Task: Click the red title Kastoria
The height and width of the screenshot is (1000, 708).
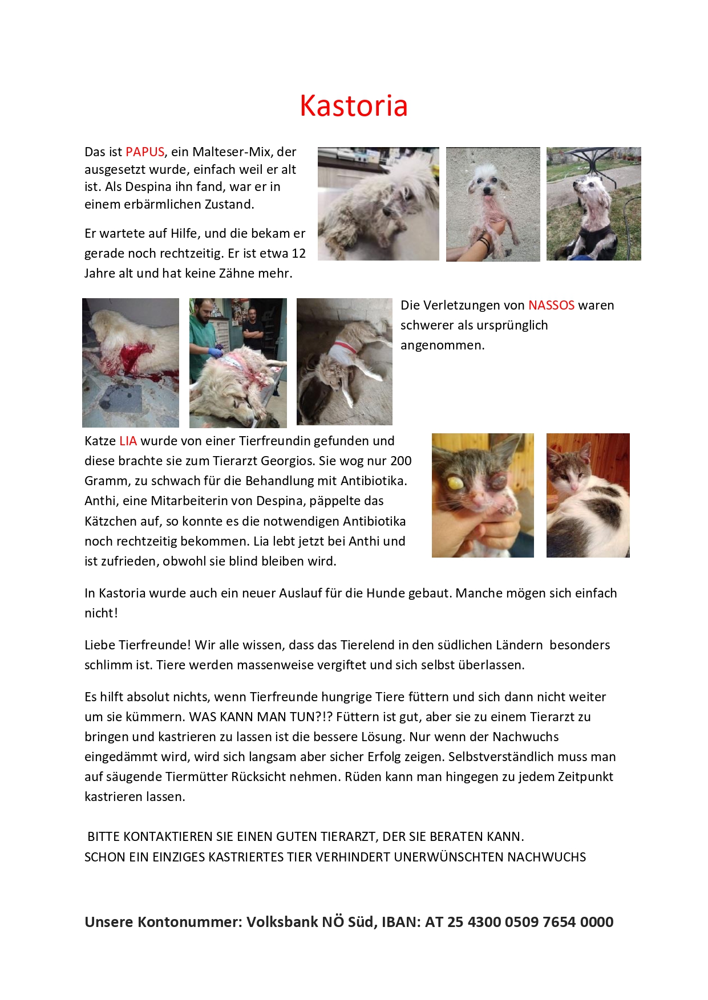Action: point(354,105)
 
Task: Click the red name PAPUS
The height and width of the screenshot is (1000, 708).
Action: point(145,152)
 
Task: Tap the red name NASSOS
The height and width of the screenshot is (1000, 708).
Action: point(551,305)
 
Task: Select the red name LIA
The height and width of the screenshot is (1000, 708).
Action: point(128,441)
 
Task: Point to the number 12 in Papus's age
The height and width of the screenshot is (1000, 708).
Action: point(298,253)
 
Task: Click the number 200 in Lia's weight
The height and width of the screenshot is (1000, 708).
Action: point(400,461)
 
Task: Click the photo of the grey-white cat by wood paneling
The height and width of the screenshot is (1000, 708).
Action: point(588,495)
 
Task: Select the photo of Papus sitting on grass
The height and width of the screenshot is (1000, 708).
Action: point(593,204)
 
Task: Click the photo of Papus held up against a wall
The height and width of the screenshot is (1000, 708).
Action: point(493,204)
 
